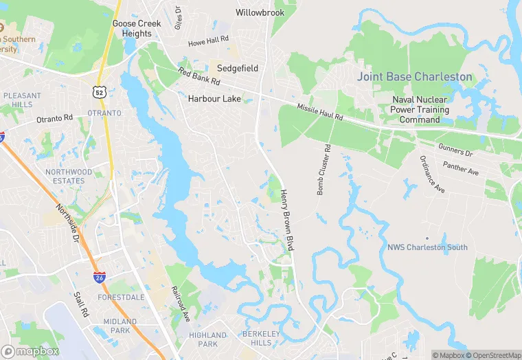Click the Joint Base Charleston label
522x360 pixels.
click(x=414, y=77)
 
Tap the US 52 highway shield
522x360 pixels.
click(x=100, y=91)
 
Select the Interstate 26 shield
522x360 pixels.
click(x=100, y=277)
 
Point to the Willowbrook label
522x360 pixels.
click(x=260, y=12)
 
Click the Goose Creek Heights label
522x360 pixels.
click(x=137, y=28)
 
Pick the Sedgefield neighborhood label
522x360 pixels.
click(x=238, y=69)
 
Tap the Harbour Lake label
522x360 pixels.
click(x=214, y=99)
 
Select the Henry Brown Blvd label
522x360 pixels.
click(x=286, y=214)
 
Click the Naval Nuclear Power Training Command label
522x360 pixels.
click(x=420, y=109)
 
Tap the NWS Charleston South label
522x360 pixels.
click(x=427, y=247)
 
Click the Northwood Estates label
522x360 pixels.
click(x=69, y=177)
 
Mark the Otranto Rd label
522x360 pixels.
click(x=54, y=118)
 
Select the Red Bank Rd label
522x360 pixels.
click(x=198, y=76)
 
